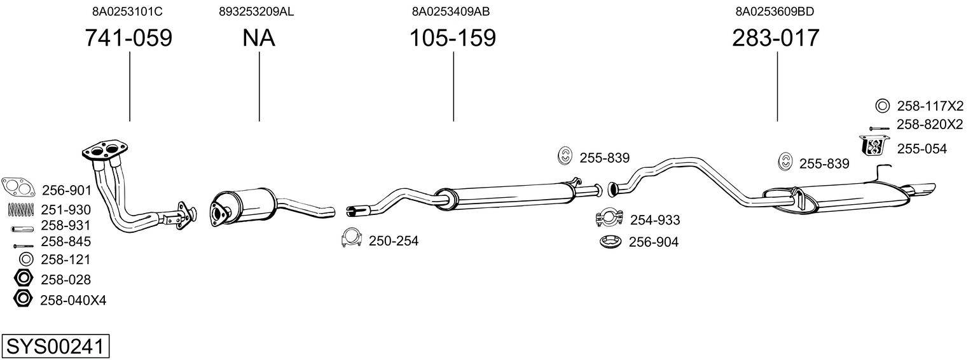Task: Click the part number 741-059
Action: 128,38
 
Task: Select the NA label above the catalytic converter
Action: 258,38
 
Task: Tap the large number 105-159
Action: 453,38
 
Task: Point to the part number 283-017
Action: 775,38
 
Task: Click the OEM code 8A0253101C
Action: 127,11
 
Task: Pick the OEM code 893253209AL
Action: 256,11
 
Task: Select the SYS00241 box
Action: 55,346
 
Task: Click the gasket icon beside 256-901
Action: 18,187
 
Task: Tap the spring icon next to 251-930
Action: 20,210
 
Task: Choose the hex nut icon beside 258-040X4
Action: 23,298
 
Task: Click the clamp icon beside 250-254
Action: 352,237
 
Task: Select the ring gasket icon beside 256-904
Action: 611,242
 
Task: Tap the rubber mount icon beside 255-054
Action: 874,145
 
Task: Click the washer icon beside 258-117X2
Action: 882,106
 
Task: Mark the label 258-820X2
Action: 930,125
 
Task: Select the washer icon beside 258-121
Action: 26,260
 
